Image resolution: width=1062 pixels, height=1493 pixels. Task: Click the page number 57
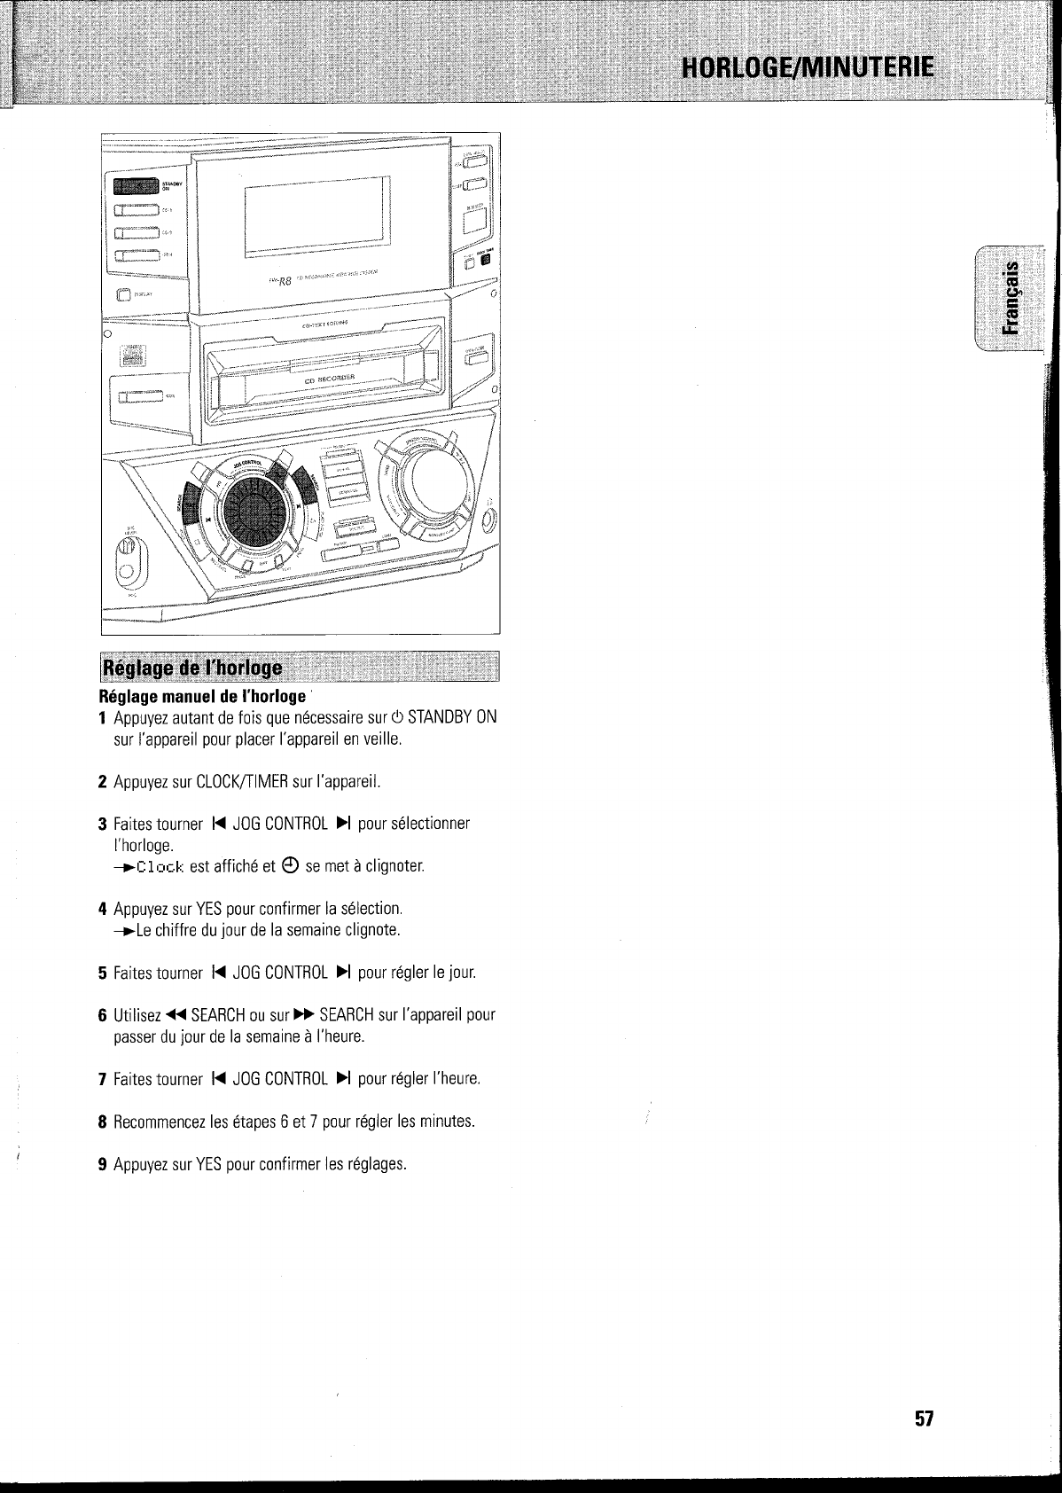coord(925,1418)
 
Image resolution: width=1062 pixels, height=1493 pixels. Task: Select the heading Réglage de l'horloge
coord(192,667)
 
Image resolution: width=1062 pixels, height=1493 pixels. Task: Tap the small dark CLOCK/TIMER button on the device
coord(485,260)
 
